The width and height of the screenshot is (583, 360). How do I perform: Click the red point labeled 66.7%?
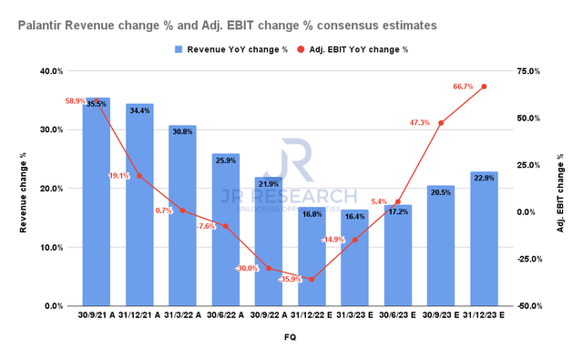click(484, 87)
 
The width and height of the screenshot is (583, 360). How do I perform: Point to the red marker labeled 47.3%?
click(441, 123)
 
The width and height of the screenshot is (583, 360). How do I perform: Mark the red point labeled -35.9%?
click(312, 279)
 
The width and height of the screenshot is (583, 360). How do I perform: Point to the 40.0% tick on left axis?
click(50, 71)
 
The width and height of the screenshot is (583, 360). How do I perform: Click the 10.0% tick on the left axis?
click(50, 248)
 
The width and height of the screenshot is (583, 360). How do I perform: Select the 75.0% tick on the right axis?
click(537, 71)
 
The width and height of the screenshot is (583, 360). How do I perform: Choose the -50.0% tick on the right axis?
click(537, 307)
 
